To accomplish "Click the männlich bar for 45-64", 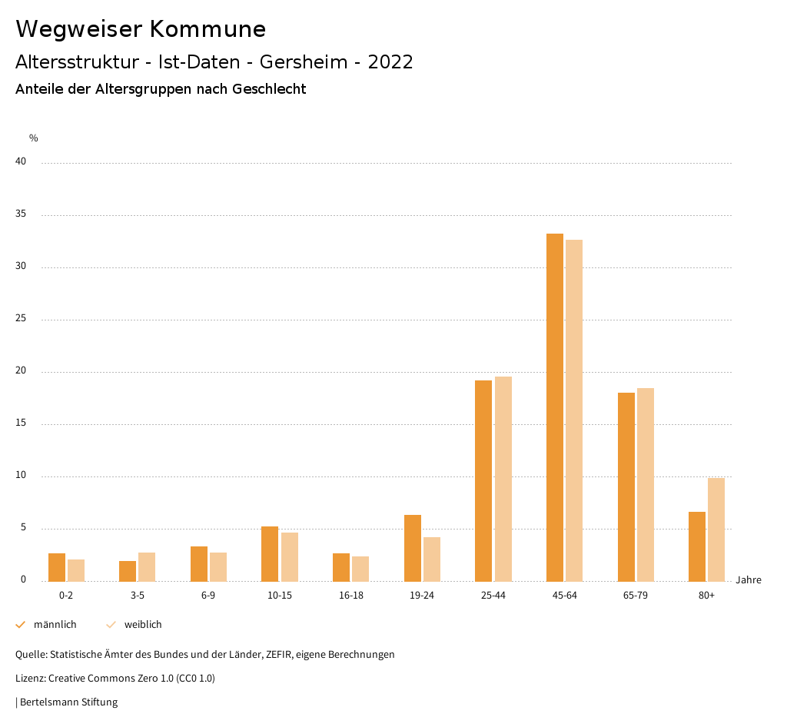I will point(555,407).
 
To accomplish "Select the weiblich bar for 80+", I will point(716,529).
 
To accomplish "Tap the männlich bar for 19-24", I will point(413,548).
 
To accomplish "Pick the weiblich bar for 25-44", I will point(503,479).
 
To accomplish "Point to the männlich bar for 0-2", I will point(57,567).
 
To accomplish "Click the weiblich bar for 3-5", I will point(147,567).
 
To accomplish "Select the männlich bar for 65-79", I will point(626,487).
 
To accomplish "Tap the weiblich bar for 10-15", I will point(289,557).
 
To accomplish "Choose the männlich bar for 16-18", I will point(341,567).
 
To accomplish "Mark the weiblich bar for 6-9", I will point(218,567).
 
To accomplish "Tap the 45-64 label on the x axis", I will point(565,596).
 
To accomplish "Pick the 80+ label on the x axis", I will point(707,596).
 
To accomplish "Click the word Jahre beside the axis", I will point(748,580).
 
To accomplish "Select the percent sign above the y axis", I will point(34,138).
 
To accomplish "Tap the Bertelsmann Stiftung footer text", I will point(68,702).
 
